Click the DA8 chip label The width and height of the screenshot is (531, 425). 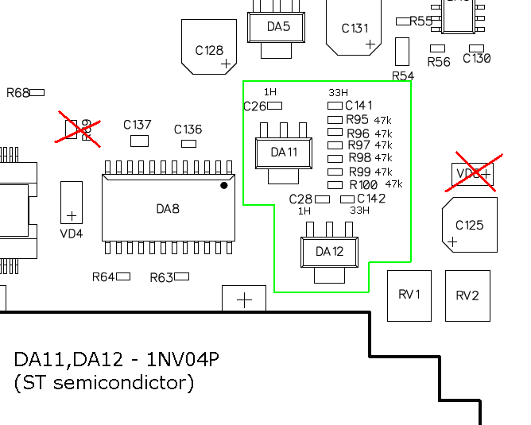(x=168, y=209)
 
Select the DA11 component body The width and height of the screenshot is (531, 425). (x=284, y=152)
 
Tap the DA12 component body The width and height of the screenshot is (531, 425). (x=329, y=251)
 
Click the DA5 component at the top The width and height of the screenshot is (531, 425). (x=278, y=27)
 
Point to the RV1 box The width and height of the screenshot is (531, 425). (x=409, y=296)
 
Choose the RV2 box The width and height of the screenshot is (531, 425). (x=467, y=296)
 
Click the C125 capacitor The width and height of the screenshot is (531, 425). (x=469, y=225)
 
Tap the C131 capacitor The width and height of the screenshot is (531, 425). (x=355, y=28)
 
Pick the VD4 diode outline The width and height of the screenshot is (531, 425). (x=72, y=202)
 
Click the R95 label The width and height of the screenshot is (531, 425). (x=358, y=120)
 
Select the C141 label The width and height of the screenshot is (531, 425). (x=359, y=106)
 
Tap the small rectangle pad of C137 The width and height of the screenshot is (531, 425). (x=140, y=141)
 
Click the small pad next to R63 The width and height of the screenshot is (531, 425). (x=183, y=276)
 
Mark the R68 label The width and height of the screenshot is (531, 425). (x=17, y=93)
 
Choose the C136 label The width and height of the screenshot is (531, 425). (x=188, y=129)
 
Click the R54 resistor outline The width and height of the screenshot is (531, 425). (x=401, y=52)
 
